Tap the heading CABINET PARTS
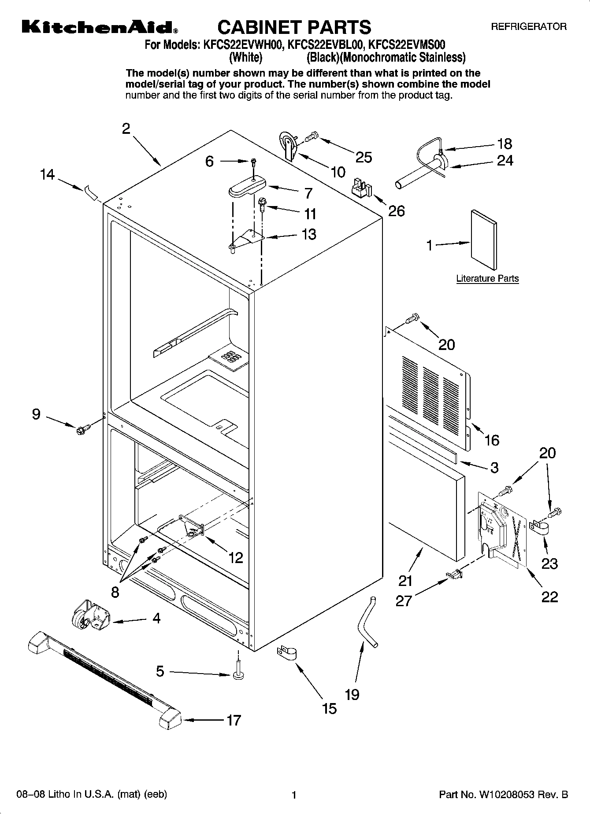[x=294, y=27]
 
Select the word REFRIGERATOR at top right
[x=529, y=27]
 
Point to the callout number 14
[x=47, y=175]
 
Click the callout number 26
[x=396, y=211]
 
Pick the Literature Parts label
[x=487, y=279]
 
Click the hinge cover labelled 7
[x=247, y=187]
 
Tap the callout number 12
[x=236, y=558]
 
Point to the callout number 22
[x=549, y=597]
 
